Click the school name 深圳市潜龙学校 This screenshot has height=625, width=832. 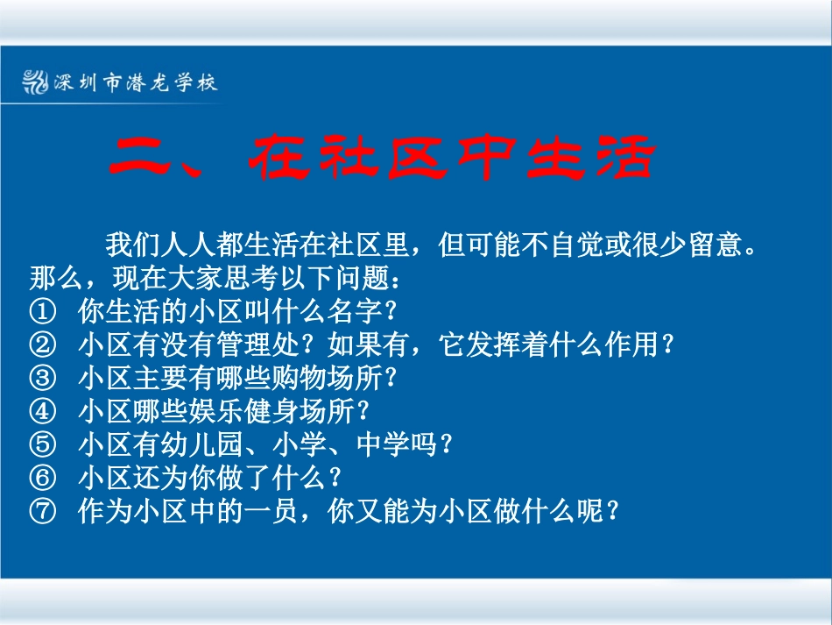[135, 83]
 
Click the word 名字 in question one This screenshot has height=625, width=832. [356, 311]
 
